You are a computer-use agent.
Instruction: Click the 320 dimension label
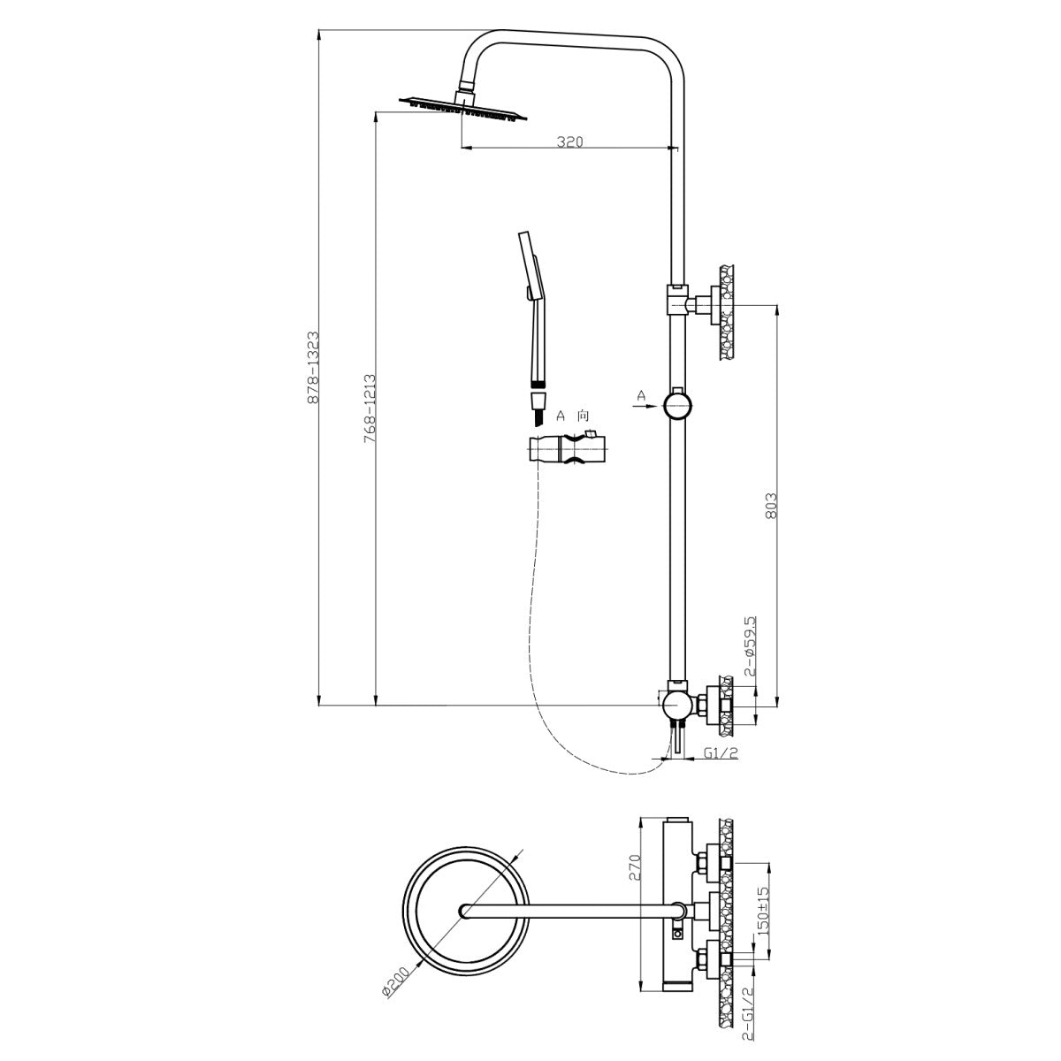(569, 141)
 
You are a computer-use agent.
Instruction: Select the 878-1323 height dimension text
(313, 367)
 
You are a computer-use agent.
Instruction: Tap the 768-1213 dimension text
(370, 409)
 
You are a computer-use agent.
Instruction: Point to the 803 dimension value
(771, 505)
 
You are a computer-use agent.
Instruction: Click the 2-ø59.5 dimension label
(750, 645)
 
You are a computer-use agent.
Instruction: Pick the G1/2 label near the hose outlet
(721, 753)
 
